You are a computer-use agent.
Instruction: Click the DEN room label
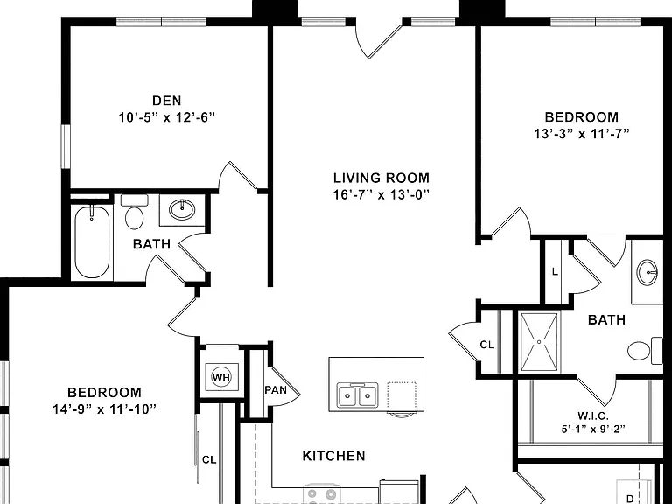coord(167,101)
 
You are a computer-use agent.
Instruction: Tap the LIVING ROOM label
coord(381,178)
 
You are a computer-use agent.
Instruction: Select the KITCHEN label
coord(334,456)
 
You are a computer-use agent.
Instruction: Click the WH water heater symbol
coord(221,378)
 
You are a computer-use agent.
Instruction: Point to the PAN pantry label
coord(276,390)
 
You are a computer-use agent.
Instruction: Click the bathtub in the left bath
coord(92,241)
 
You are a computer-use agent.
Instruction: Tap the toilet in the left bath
coord(134,212)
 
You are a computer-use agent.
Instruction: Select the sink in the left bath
coord(182,210)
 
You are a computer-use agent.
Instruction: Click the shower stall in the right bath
coord(539,342)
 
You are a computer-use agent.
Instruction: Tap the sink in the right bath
coord(647,272)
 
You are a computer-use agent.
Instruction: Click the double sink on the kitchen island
coord(357,395)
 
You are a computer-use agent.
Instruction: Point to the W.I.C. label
coord(593,416)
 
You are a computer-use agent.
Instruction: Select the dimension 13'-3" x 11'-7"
coord(582,134)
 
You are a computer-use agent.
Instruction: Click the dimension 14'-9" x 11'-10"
coord(104,409)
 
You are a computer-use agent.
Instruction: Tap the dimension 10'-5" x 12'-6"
coord(167,117)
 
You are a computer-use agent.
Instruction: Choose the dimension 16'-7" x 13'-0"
coord(381,195)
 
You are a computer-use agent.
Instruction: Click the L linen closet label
coord(555,272)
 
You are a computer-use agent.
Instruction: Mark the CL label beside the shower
coord(486,345)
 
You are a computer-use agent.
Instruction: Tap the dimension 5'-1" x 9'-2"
coord(593,429)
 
